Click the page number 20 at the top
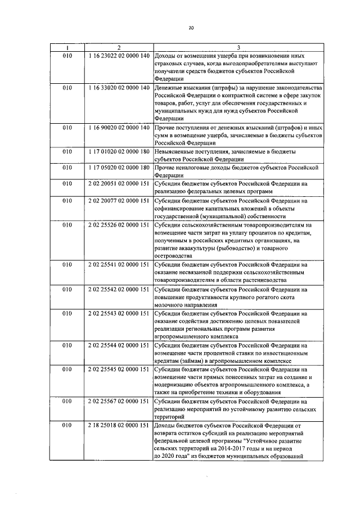pyautogui.click(x=191, y=26)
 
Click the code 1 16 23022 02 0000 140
pyautogui.click(x=119, y=56)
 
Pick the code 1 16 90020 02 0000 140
pyautogui.click(x=119, y=128)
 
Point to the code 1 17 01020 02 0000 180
pyautogui.click(x=119, y=152)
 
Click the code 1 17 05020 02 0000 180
pyautogui.click(x=119, y=168)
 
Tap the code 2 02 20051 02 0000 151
pyautogui.click(x=119, y=184)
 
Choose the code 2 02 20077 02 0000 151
pyautogui.click(x=119, y=200)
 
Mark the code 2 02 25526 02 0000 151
pyautogui.click(x=119, y=224)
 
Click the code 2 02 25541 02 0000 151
pyautogui.click(x=119, y=264)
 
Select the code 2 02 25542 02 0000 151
pyautogui.click(x=119, y=289)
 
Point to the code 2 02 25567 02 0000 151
pyautogui.click(x=119, y=402)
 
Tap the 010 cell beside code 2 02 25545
pyautogui.click(x=67, y=369)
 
